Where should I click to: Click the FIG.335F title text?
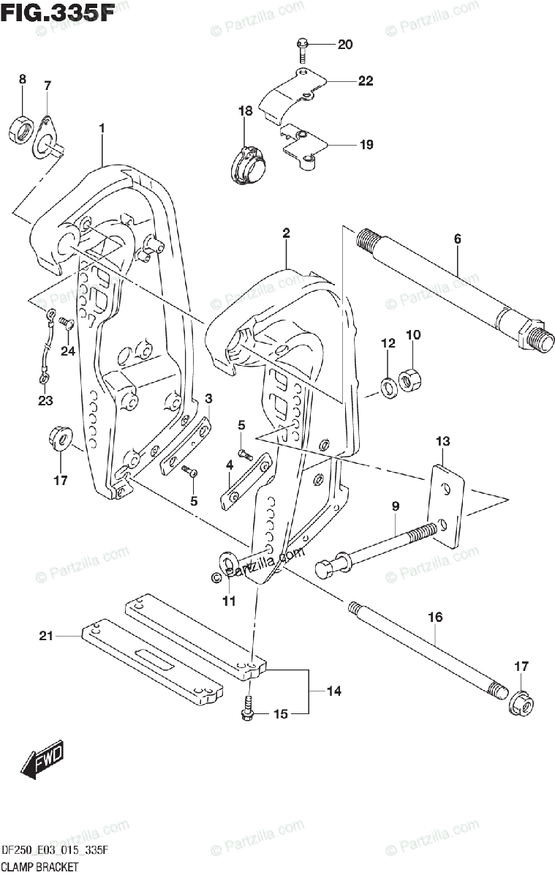pyautogui.click(x=58, y=13)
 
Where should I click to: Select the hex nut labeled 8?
pyautogui.click(x=20, y=130)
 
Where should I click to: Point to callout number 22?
pyautogui.click(x=366, y=81)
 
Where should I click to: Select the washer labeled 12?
pyautogui.click(x=388, y=385)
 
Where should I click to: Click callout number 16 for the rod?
pyautogui.click(x=435, y=617)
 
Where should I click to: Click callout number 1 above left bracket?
pyautogui.click(x=102, y=128)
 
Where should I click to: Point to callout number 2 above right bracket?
pyautogui.click(x=286, y=233)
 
